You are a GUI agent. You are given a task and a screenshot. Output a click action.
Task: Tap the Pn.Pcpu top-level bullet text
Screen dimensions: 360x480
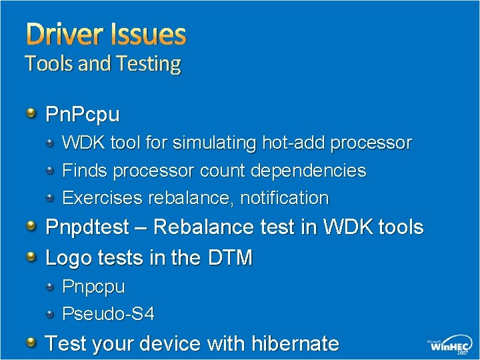pos(82,115)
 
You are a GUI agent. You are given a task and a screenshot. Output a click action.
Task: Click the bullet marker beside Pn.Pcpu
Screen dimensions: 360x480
pos(31,113)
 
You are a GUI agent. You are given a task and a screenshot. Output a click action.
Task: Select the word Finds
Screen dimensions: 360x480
pos(85,171)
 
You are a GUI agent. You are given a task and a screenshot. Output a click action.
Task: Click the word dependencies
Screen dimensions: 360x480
pos(308,171)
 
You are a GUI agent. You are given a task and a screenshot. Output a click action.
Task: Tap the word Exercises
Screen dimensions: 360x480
pos(102,199)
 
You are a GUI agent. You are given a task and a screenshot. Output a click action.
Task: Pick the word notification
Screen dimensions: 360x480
pos(285,199)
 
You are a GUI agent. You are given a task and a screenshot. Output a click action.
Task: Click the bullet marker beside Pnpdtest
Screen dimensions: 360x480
pos(31,227)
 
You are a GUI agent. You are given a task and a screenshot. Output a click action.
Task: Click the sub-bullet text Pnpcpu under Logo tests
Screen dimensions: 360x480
pos(93,287)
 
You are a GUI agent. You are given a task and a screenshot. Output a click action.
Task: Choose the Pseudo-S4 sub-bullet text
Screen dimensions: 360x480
pos(108,313)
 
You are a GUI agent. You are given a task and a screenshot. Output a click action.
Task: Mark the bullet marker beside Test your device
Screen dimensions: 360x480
pos(31,343)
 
